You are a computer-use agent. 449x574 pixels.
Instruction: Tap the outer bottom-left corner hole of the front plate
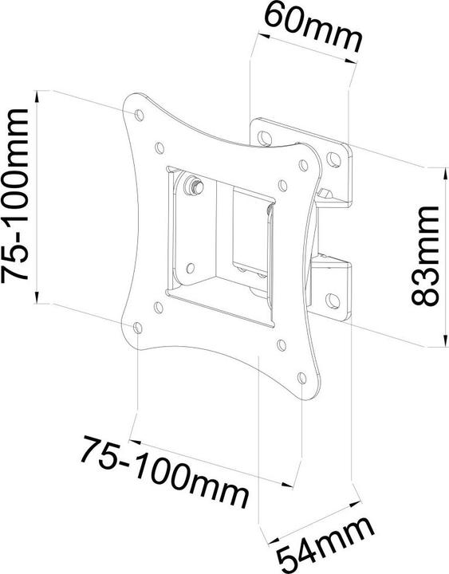click(x=140, y=328)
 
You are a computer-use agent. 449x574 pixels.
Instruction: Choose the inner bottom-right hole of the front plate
click(x=282, y=346)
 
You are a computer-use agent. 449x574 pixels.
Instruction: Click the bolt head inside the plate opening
click(x=192, y=185)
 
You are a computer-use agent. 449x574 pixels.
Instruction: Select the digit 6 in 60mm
click(x=276, y=18)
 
